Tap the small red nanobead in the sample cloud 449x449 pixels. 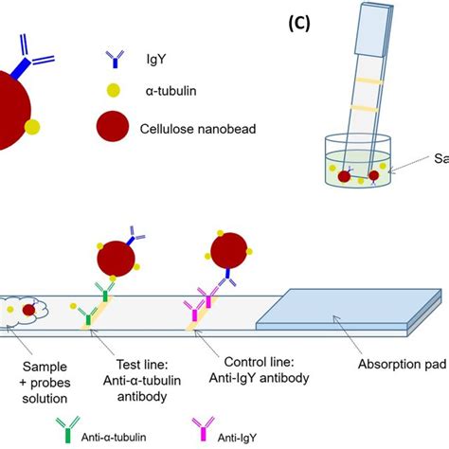[30, 309]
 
